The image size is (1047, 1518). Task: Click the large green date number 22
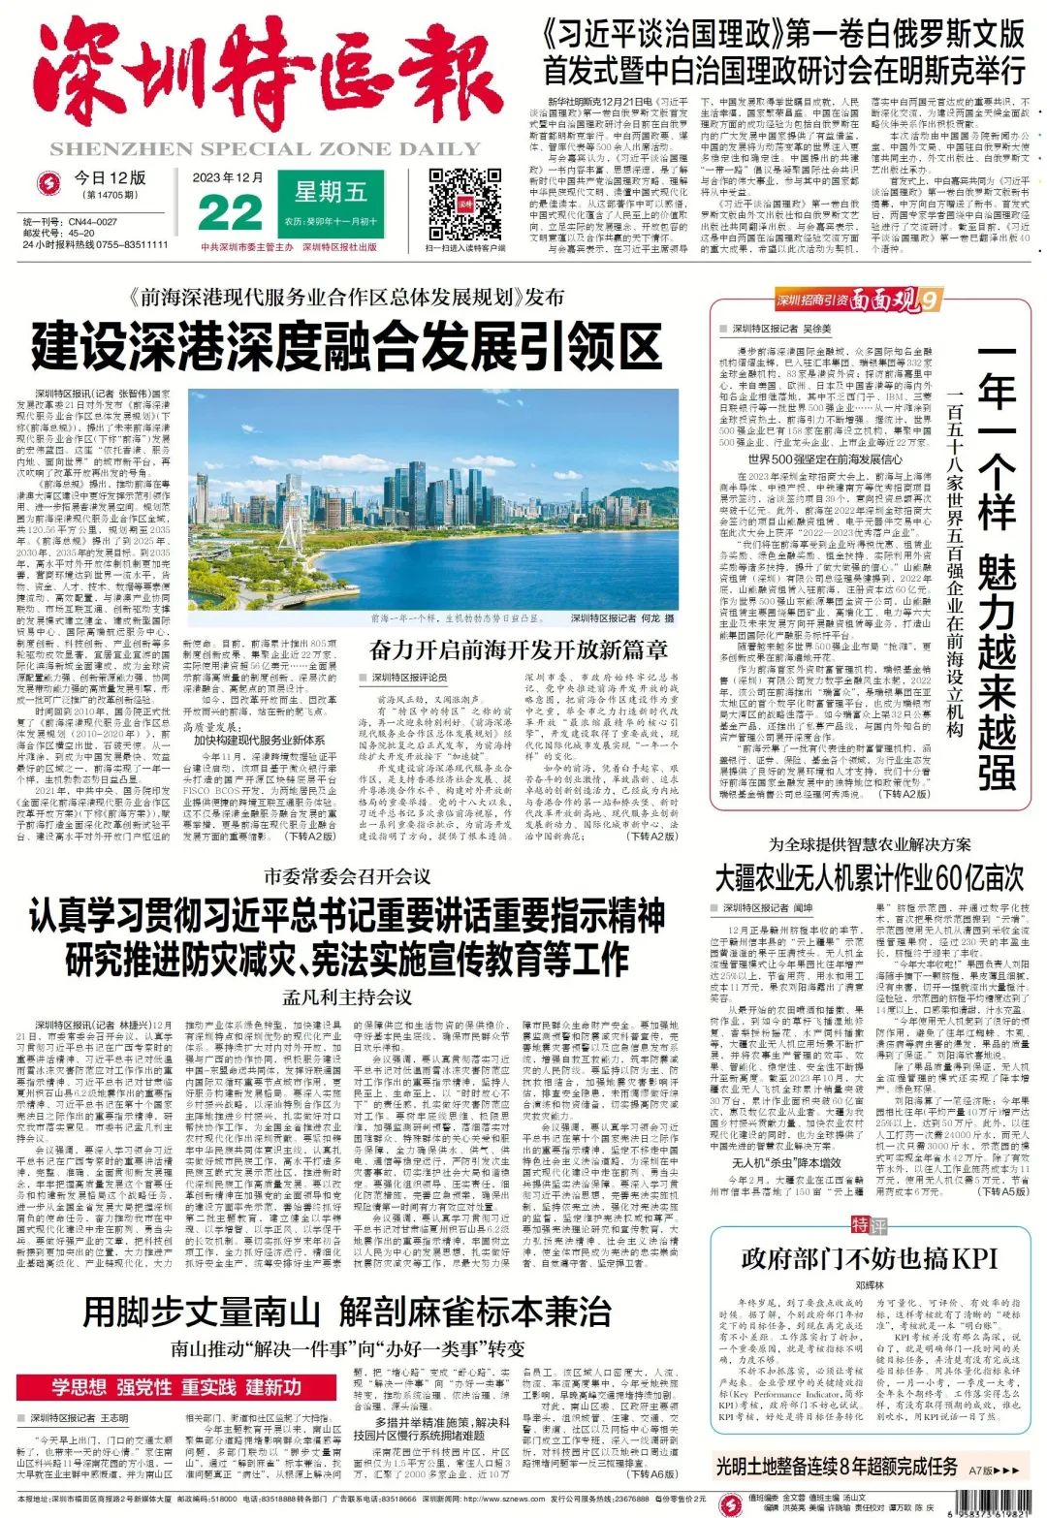[229, 213]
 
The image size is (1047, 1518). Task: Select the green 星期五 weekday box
[331, 192]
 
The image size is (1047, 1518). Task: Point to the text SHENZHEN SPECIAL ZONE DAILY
[265, 149]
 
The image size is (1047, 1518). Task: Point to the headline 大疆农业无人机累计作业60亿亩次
[869, 878]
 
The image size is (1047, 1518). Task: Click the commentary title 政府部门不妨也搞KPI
[869, 1259]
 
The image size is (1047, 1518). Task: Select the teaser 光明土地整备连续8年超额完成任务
[837, 1467]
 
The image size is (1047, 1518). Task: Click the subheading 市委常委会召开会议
[346, 877]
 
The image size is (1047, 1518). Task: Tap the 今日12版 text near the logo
[110, 178]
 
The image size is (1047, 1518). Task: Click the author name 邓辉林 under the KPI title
[869, 1286]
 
